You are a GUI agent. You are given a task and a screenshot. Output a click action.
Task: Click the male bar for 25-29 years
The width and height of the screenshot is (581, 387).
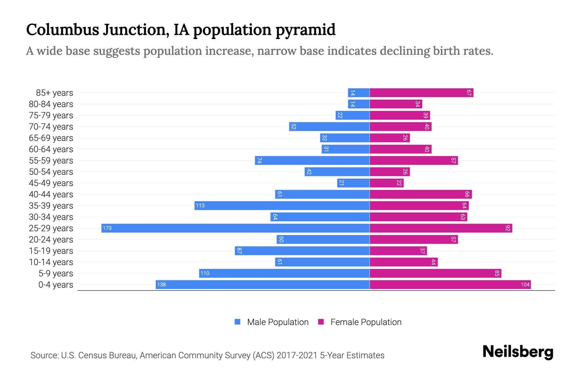click(x=236, y=228)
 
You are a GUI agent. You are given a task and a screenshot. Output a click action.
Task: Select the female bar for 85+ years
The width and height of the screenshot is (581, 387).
click(x=421, y=93)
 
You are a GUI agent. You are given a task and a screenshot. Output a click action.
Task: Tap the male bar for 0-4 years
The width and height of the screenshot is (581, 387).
click(x=262, y=284)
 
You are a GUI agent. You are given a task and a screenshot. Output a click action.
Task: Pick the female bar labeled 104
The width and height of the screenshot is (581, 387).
click(x=450, y=284)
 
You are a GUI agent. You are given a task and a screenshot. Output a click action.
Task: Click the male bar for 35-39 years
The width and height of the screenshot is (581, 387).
click(x=282, y=205)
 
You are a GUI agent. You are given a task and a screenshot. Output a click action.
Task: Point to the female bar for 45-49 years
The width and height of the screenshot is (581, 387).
click(x=386, y=183)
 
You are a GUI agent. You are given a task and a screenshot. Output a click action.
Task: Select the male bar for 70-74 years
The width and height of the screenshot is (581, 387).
click(x=329, y=126)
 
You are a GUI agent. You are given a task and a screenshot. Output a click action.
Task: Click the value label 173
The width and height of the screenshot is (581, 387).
click(x=107, y=228)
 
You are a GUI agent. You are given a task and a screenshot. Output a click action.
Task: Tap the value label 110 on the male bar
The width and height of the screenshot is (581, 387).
click(x=205, y=273)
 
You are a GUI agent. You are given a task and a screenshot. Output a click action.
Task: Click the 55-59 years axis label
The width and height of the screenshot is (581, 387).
click(x=51, y=161)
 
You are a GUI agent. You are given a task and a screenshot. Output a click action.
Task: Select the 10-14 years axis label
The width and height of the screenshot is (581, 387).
click(x=51, y=262)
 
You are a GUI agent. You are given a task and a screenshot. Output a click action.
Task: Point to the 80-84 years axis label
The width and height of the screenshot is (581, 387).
click(x=51, y=104)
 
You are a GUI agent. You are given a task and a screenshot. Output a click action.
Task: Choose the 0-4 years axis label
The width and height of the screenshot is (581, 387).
click(x=56, y=285)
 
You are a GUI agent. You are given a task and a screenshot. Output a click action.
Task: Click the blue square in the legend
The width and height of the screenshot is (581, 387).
click(x=238, y=322)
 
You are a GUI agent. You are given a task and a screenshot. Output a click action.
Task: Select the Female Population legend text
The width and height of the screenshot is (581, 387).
click(x=366, y=322)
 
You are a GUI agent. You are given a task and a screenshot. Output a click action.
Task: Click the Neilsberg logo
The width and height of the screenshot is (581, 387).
click(x=518, y=352)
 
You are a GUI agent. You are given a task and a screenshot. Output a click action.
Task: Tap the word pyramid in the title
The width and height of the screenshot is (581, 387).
click(x=305, y=30)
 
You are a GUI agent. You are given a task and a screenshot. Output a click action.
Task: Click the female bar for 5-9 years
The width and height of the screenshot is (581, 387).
click(x=435, y=273)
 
